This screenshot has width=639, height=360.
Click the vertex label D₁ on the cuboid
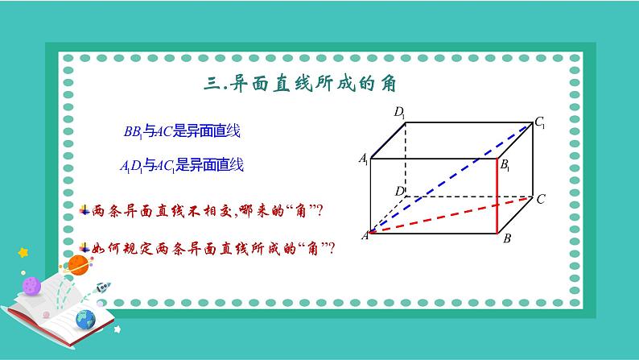tap(400, 112)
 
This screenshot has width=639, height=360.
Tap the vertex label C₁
tap(540, 122)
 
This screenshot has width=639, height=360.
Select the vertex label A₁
tap(364, 159)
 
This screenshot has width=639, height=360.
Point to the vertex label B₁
tap(505, 165)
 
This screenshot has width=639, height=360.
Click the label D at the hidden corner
tap(399, 191)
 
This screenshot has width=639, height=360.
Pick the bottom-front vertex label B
tap(507, 238)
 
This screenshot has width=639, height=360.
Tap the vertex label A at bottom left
tap(365, 235)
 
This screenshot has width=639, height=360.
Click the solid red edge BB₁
tap(497, 196)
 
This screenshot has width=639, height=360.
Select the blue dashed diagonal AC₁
tap(451, 178)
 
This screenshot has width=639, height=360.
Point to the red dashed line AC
tap(451, 215)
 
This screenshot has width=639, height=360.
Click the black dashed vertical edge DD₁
tap(406, 159)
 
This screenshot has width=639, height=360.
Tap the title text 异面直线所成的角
tap(313, 84)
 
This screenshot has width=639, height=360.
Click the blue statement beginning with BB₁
tap(182, 131)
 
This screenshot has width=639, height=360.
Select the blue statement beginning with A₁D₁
tap(182, 166)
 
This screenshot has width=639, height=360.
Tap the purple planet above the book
tap(31, 285)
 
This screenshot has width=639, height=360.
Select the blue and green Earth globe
tap(85, 319)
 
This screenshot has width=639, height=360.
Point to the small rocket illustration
tap(103, 288)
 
